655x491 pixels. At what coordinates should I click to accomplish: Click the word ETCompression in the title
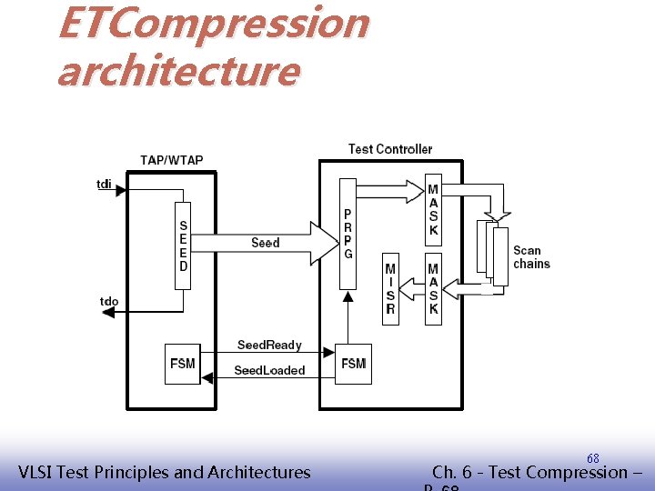pos(213,24)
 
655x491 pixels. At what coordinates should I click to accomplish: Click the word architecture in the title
pos(177,71)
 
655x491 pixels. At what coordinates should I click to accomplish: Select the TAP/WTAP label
pos(172,160)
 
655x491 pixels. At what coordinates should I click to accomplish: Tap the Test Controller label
pos(390,148)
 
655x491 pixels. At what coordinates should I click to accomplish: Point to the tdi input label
pos(105,185)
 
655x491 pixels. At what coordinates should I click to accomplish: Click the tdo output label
pos(109,301)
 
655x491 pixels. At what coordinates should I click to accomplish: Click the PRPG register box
pos(348,234)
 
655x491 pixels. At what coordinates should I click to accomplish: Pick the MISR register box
pos(390,288)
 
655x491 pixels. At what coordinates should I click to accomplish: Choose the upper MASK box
pos(433,210)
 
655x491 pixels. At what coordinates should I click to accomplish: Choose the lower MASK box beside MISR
pos(433,288)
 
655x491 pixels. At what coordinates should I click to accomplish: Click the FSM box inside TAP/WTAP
pos(182,364)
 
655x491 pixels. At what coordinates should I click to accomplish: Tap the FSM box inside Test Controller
pos(353,364)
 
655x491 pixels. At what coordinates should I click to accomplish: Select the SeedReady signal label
pos(269,345)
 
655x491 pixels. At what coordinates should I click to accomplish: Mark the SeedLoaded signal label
pos(269,370)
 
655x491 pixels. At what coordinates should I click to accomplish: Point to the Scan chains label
pos(531,257)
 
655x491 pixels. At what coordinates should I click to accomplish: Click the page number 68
pos(592,458)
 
